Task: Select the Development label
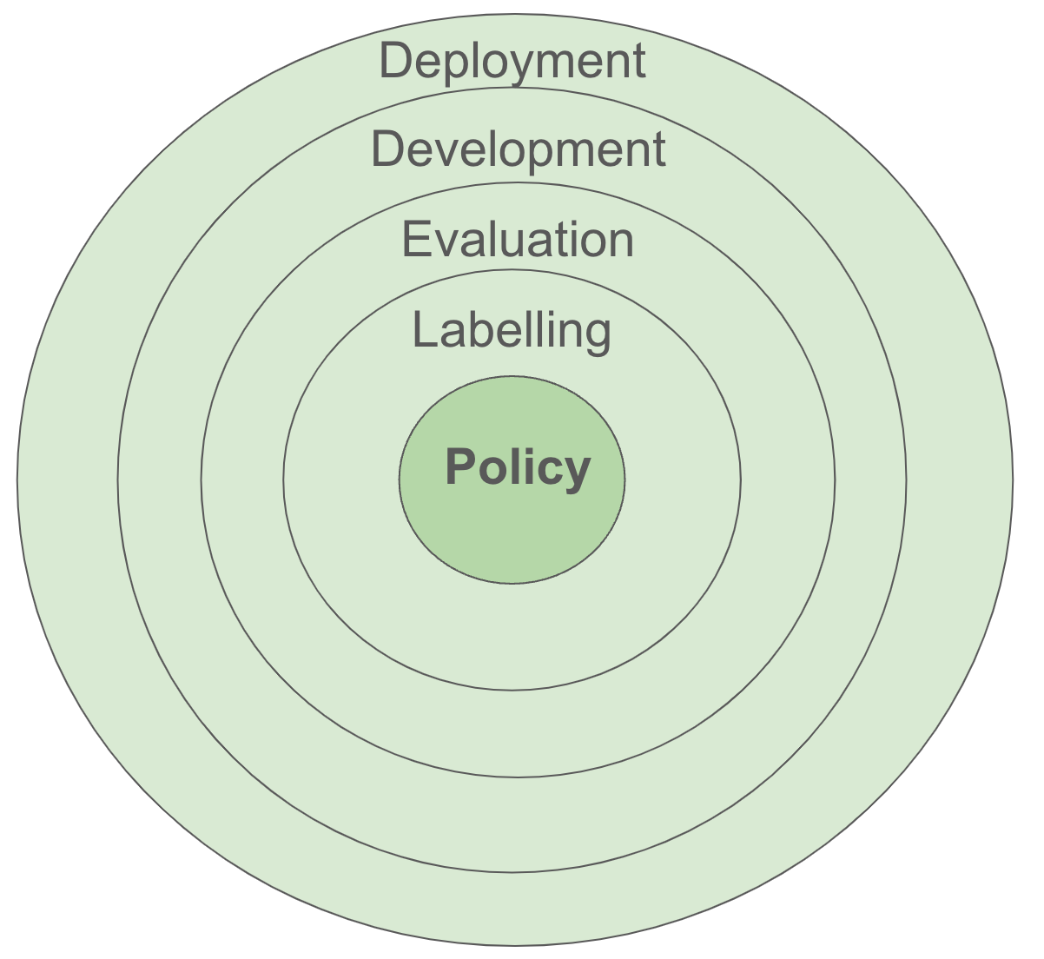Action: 519,149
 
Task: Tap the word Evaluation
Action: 518,240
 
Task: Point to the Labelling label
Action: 512,331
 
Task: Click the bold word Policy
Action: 518,467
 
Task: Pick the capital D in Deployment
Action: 395,61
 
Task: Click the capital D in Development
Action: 387,149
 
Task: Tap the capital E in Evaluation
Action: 415,239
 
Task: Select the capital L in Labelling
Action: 423,330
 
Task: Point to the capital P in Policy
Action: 460,467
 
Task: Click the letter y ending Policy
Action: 578,473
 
